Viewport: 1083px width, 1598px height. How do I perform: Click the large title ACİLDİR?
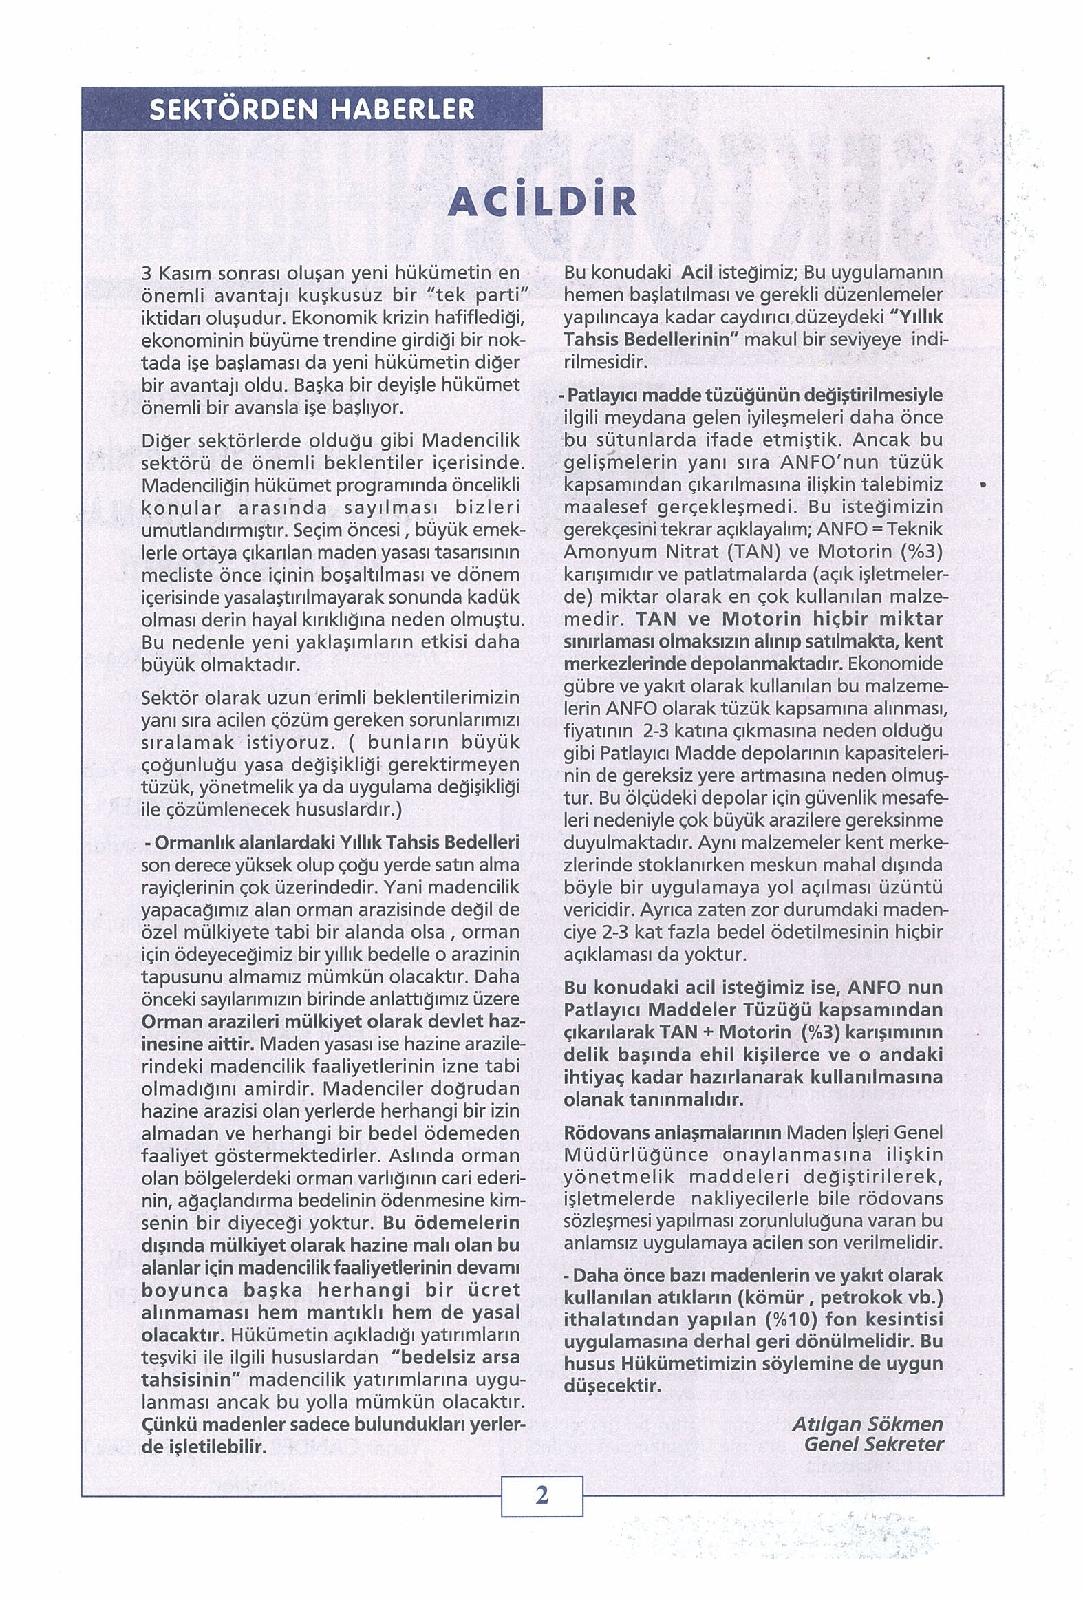click(x=541, y=201)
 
